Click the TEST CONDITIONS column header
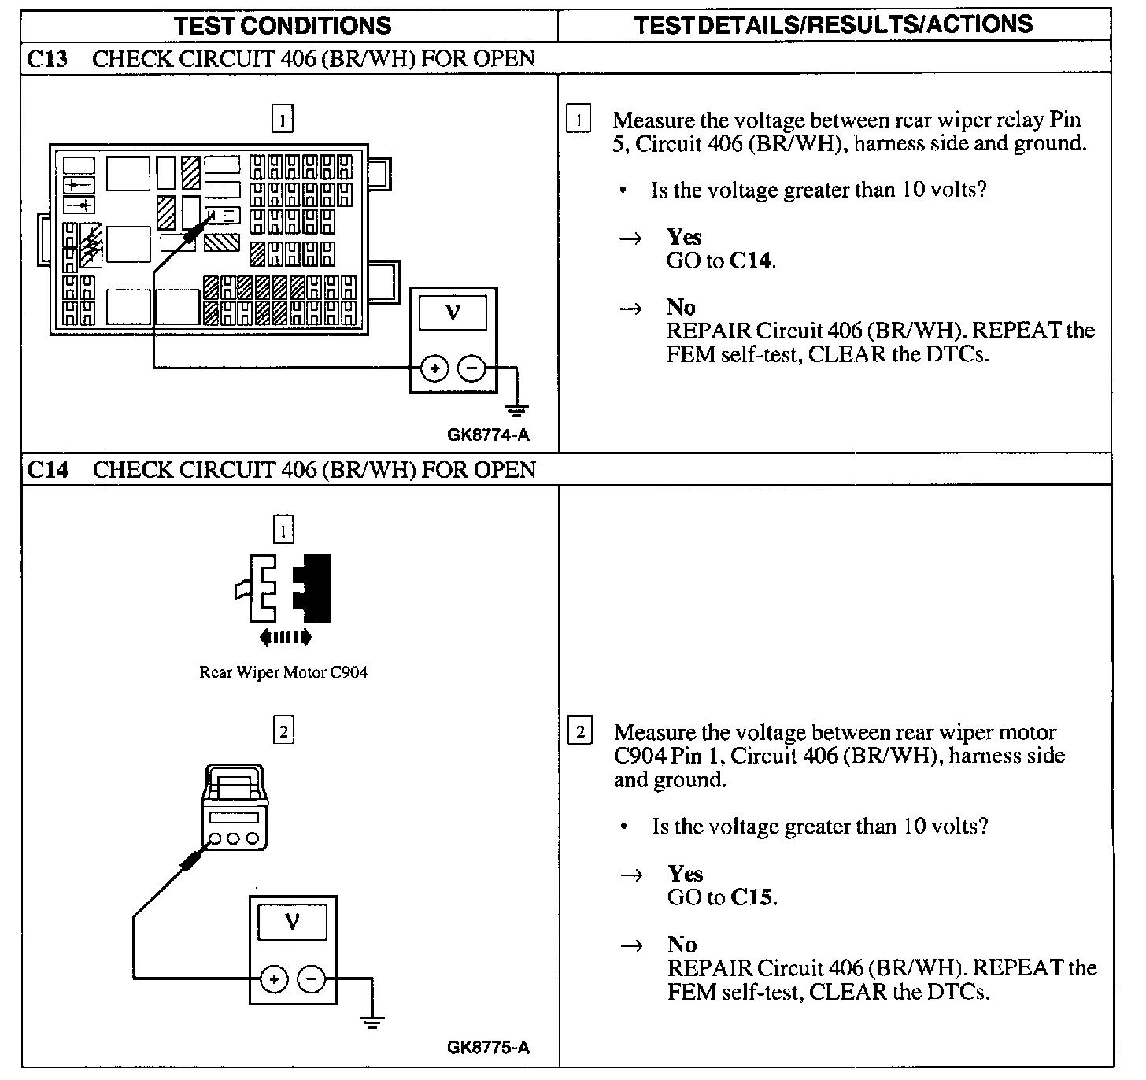[x=283, y=25]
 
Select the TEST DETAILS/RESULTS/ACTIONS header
[x=834, y=24]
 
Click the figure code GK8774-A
[x=488, y=435]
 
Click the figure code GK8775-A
[x=488, y=1047]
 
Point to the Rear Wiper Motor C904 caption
[x=283, y=672]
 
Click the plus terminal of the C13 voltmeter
[x=434, y=368]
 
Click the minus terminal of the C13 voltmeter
[x=471, y=368]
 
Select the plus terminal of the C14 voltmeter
[x=274, y=978]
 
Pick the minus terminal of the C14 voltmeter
[x=312, y=978]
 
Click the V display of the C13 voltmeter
[x=453, y=313]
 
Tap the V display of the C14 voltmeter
[x=293, y=920]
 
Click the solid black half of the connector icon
[x=315, y=588]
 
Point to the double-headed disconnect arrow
[x=284, y=637]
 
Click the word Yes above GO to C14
[x=684, y=237]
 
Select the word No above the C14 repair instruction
[x=682, y=944]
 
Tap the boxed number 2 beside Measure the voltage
[x=579, y=732]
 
